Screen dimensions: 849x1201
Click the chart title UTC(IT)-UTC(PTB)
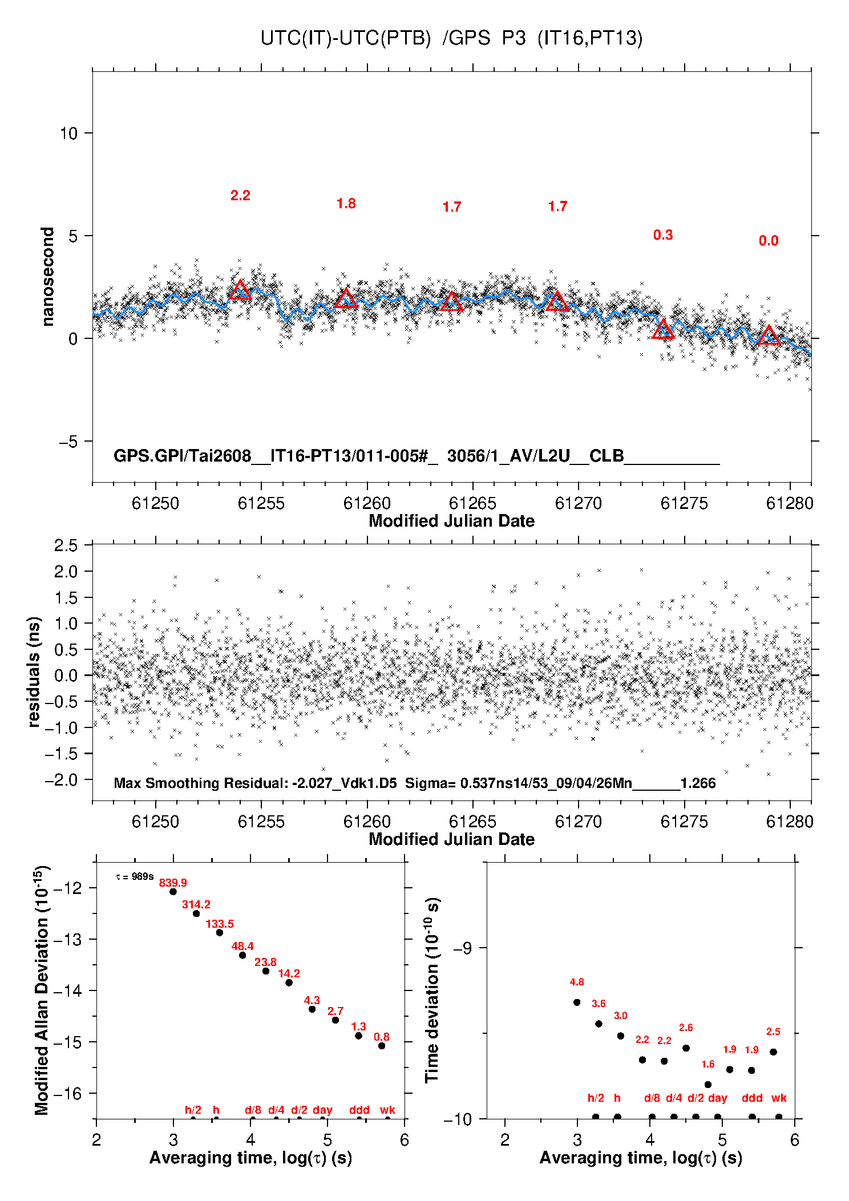[x=345, y=38]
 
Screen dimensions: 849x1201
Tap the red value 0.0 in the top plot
[x=769, y=241]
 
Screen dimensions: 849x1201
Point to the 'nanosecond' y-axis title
[x=47, y=276]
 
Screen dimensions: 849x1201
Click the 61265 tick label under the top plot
[x=472, y=503]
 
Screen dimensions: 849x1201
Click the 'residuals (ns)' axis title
[x=34, y=672]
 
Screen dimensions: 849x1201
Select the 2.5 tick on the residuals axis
[x=66, y=545]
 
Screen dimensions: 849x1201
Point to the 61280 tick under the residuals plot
[x=790, y=822]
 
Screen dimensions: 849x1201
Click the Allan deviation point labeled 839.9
[x=173, y=891]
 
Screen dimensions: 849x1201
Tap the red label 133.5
[x=220, y=924]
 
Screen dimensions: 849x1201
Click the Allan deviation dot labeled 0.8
[x=382, y=1046]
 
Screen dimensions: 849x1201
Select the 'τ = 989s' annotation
[x=134, y=876]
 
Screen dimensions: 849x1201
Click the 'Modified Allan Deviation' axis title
[x=42, y=990]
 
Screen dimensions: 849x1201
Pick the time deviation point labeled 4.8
[x=577, y=1002]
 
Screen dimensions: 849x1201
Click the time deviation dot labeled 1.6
[x=708, y=1085]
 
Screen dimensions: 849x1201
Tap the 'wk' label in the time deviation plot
[x=779, y=1098]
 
